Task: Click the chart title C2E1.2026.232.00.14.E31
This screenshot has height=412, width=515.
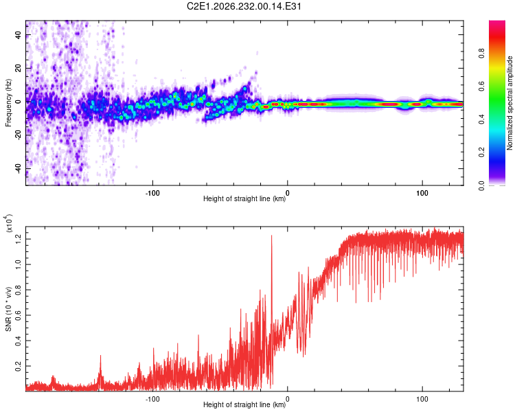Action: point(244,6)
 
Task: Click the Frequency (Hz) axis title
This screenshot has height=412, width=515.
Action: point(8,103)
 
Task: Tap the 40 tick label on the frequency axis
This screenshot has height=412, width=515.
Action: point(19,34)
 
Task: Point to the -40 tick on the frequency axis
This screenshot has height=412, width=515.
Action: point(19,170)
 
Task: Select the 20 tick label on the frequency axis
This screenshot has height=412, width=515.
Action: point(19,68)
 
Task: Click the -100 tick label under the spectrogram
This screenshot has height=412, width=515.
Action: point(152,193)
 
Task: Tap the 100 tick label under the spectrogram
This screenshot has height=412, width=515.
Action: point(422,193)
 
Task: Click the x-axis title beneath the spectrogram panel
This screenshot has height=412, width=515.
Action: point(244,198)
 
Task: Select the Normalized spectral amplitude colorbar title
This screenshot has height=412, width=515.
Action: point(510,103)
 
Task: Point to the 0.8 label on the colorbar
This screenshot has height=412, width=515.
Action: point(481,53)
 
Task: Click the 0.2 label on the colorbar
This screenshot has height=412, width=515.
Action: point(481,152)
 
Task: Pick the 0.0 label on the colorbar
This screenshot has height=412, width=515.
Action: point(481,185)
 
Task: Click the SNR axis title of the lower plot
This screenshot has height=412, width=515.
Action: point(8,309)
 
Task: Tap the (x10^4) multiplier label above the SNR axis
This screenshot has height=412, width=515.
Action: point(9,223)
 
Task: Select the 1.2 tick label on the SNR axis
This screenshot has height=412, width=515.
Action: point(19,239)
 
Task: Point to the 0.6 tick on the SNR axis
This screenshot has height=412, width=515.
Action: point(19,315)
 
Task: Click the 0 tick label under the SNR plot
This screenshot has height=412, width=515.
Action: point(288,399)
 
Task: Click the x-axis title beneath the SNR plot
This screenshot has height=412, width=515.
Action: point(244,404)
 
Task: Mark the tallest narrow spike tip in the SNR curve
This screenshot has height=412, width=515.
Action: point(272,236)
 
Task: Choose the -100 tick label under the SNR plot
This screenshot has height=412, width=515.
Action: point(152,399)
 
